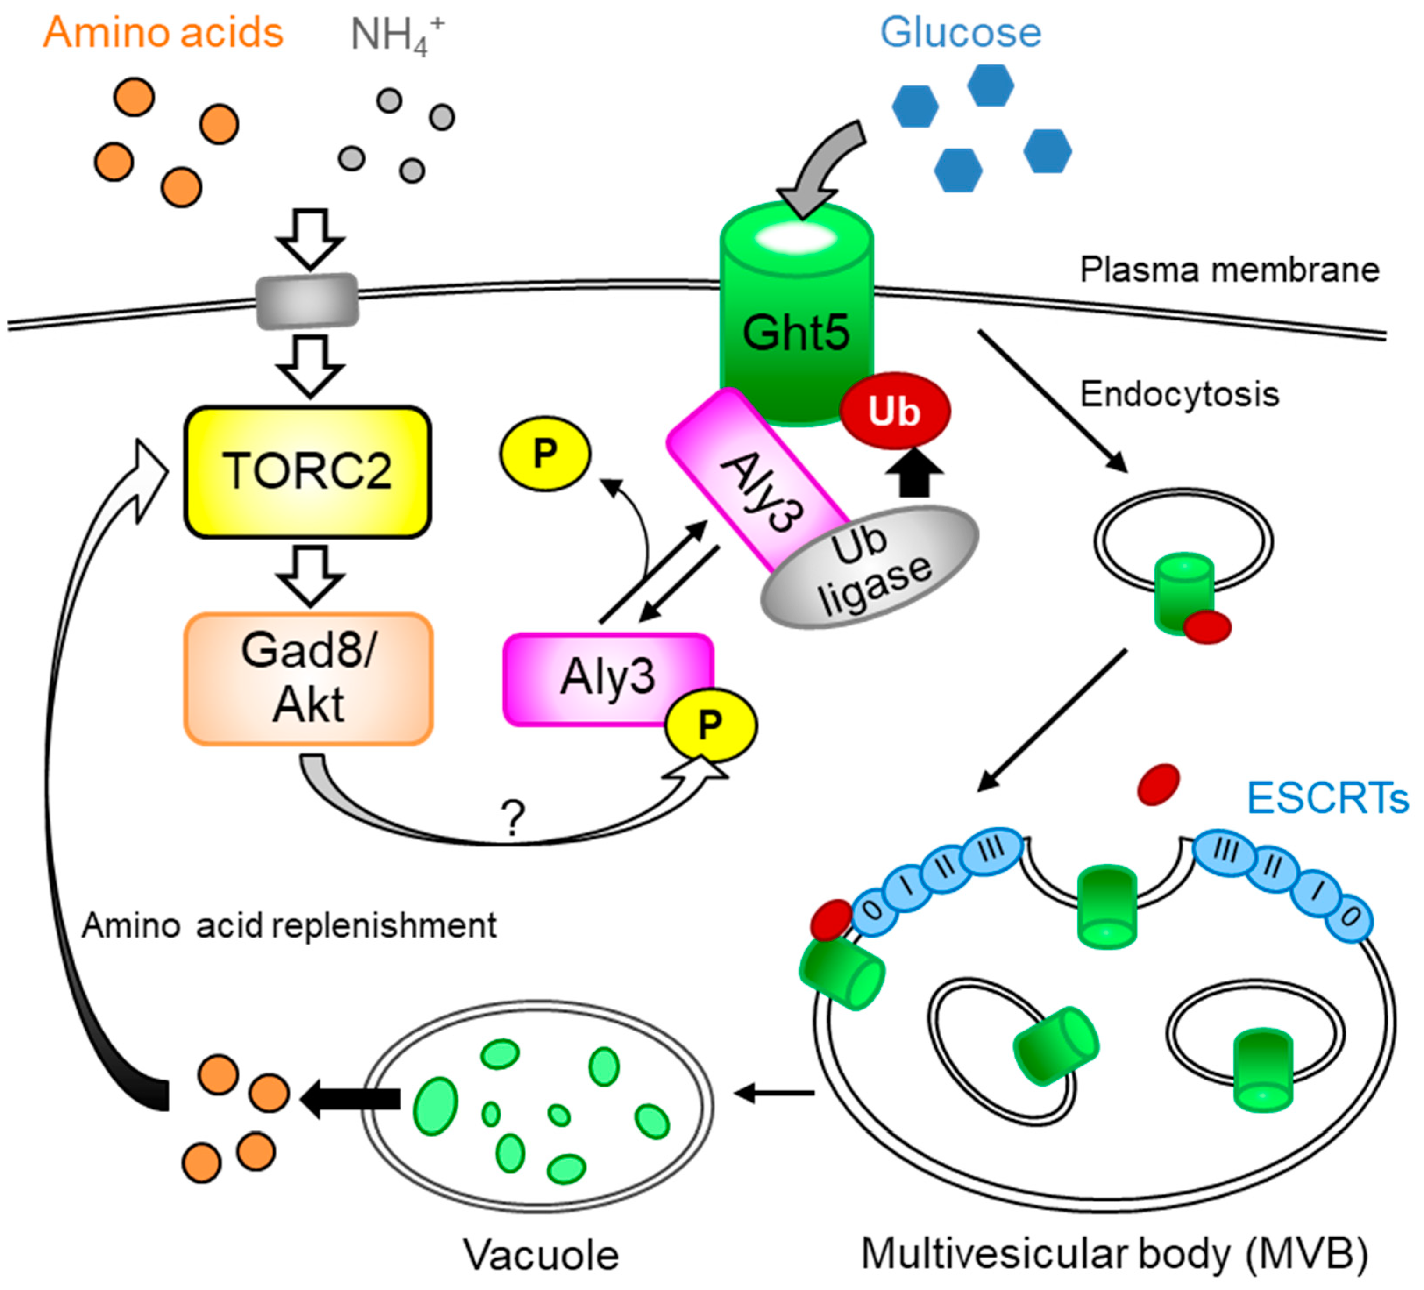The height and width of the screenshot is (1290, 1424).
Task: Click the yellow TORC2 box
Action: (x=307, y=471)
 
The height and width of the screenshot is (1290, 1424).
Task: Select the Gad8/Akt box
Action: (x=309, y=678)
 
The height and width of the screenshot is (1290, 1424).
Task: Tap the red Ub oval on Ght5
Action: (x=894, y=410)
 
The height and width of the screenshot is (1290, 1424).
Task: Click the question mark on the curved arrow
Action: (x=514, y=817)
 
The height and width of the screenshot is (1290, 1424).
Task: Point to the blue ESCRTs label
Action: (x=1327, y=798)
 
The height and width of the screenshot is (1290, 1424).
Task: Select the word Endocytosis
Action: (x=1179, y=394)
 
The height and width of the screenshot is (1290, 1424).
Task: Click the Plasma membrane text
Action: (x=1229, y=270)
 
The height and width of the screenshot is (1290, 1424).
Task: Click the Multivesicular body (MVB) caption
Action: (x=1115, y=1254)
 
